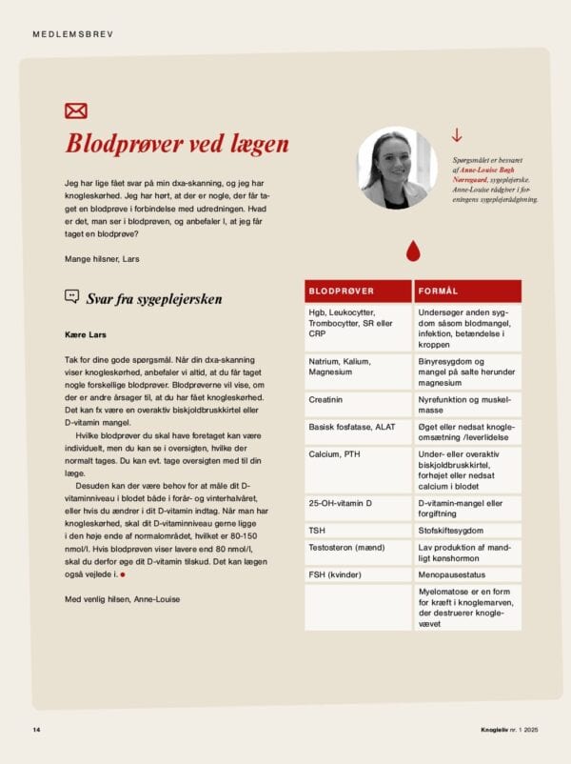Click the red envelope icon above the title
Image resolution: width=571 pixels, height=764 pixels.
pos(76,111)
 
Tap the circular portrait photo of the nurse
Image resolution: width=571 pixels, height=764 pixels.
pos(398,168)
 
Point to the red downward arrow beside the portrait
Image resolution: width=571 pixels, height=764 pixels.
pos(457,136)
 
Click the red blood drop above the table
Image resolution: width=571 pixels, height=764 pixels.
pos(412,251)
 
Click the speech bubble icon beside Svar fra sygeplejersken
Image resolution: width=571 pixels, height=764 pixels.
pos(72,296)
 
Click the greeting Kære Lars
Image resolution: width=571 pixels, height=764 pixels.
pos(85,333)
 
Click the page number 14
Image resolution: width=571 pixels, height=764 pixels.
pos(36,730)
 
